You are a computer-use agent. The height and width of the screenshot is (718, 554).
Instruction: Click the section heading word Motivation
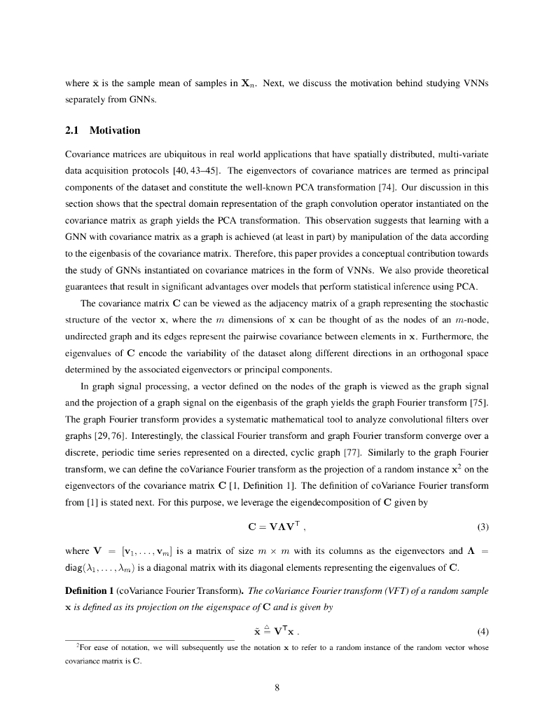[115, 131]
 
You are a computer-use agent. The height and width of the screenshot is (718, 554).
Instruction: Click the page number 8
[277, 687]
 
